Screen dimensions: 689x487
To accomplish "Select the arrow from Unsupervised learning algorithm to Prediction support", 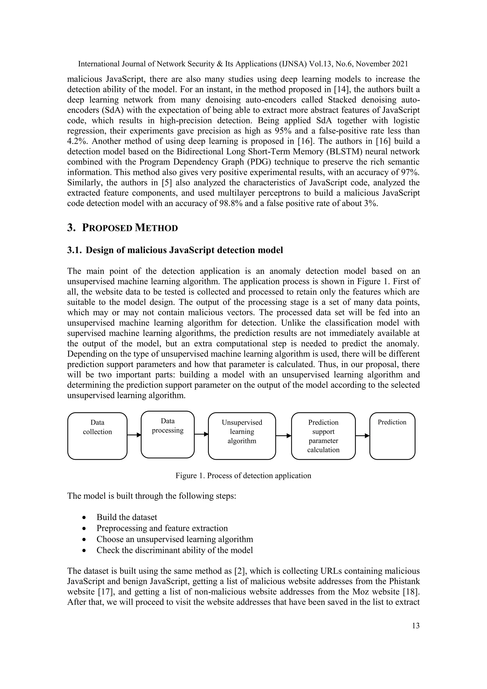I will tap(283, 436).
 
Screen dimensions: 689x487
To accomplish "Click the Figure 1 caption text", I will tap(243, 476).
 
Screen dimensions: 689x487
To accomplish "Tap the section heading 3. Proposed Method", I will tap(122, 228).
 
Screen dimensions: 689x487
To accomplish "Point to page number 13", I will tap(416, 626).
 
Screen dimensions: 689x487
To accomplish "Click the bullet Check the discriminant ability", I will tap(175, 550).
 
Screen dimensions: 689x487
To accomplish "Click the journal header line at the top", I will tap(243, 64).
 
